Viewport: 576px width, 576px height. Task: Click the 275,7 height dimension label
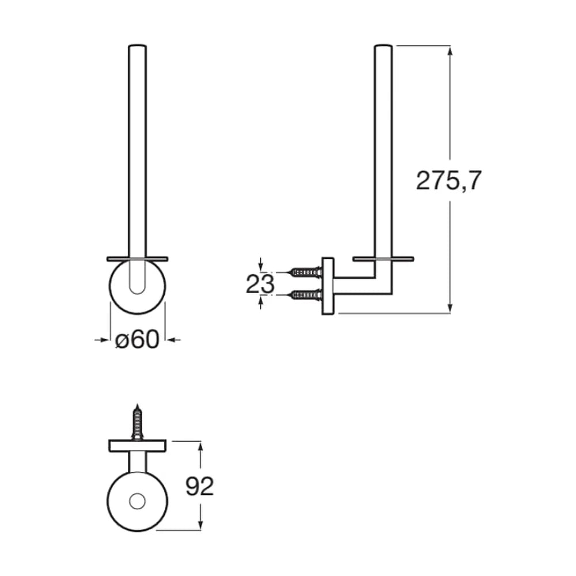[449, 181]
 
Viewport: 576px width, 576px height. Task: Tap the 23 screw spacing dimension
[260, 283]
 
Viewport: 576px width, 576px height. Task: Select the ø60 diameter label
[138, 339]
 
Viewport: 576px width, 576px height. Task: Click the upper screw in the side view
[306, 272]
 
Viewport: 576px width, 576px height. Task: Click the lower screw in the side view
[306, 294]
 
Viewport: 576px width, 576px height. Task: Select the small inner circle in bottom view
[138, 502]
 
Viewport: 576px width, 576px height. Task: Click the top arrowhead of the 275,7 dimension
[450, 51]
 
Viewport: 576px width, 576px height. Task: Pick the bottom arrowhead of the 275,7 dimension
[450, 308]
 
